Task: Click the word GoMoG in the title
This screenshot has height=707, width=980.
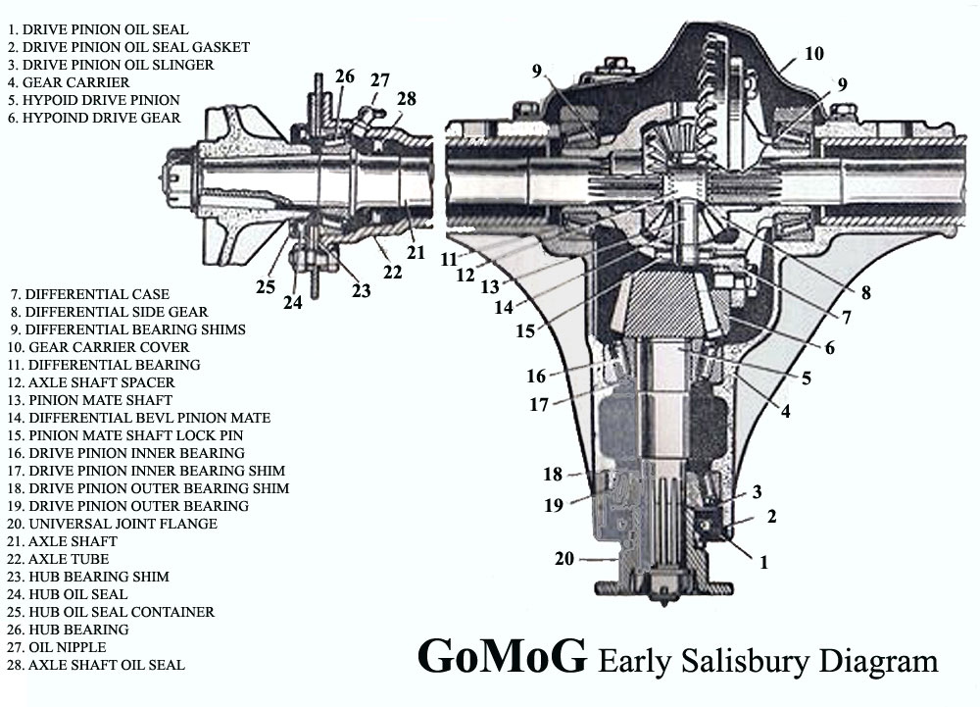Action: [x=502, y=656]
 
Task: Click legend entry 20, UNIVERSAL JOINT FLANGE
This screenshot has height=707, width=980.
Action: [x=113, y=524]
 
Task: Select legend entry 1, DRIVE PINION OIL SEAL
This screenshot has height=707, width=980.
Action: [x=98, y=29]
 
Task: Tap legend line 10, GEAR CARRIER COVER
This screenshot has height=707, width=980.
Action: [x=98, y=347]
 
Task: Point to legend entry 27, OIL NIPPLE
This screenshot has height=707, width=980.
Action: [x=57, y=647]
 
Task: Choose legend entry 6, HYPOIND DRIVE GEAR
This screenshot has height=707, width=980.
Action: [x=94, y=118]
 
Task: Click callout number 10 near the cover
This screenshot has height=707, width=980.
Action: [x=813, y=54]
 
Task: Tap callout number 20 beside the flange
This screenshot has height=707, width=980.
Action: [x=564, y=558]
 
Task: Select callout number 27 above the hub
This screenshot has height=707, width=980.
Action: [x=380, y=80]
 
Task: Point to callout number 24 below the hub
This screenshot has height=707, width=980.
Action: [x=292, y=303]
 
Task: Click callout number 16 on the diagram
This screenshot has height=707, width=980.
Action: [x=536, y=377]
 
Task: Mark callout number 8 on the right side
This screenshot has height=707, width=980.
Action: [x=865, y=292]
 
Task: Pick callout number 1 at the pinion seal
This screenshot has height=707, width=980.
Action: [x=763, y=563]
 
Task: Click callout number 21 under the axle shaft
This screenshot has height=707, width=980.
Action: [x=416, y=253]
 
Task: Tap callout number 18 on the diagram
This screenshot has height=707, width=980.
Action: [x=553, y=475]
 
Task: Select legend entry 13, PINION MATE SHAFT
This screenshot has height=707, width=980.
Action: [x=90, y=400]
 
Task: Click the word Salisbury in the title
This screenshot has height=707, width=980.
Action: [x=745, y=661]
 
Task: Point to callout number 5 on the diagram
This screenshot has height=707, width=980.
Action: [x=807, y=379]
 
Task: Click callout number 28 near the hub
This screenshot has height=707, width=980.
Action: [x=407, y=99]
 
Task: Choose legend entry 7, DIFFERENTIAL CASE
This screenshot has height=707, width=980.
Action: [x=90, y=294]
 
